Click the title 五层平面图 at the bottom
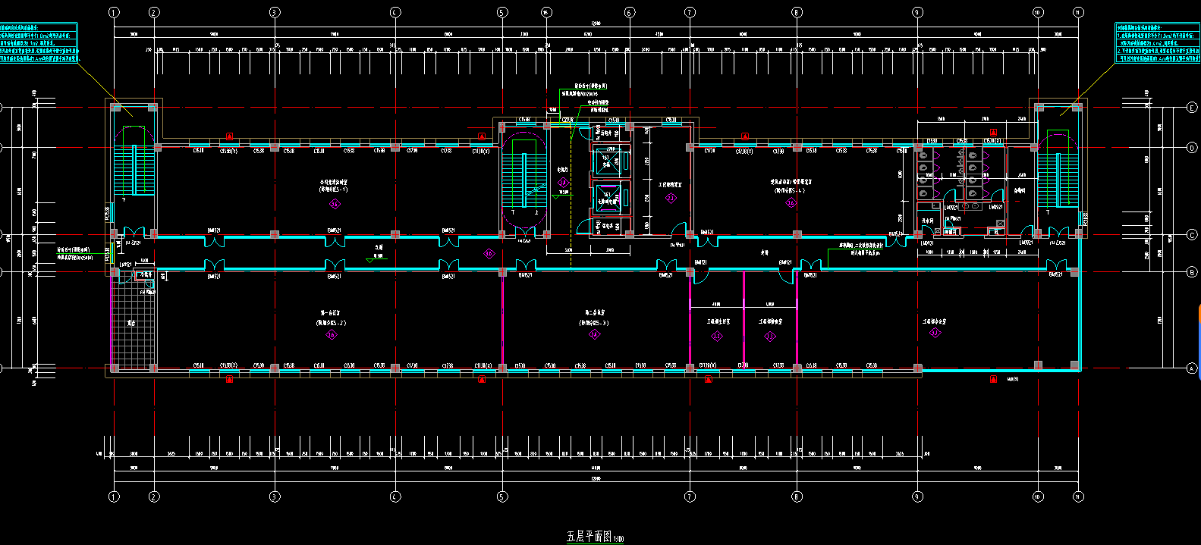point(589,537)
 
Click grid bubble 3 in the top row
point(275,12)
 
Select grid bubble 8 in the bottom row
point(797,496)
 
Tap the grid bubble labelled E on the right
point(1192,108)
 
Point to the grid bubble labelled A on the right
point(1192,369)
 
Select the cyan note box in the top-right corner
point(1157,43)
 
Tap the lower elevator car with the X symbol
point(608,197)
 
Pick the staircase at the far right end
point(1058,171)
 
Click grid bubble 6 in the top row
point(629,12)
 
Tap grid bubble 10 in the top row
point(1038,12)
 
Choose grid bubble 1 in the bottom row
point(114,496)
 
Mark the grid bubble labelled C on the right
point(1192,235)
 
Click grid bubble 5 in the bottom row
point(501,496)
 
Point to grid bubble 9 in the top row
point(917,12)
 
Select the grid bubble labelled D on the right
point(1192,148)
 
